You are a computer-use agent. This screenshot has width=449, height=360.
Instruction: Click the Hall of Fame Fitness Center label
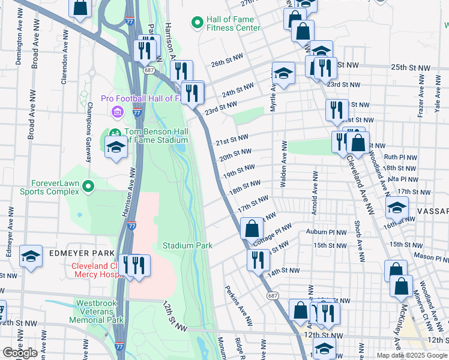[x=233, y=23]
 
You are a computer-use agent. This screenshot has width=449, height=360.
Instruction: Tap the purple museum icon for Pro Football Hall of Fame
[x=117, y=112]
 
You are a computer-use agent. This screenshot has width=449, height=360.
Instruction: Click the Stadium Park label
[x=188, y=246]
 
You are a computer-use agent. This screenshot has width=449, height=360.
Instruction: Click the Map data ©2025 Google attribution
[x=411, y=355]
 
